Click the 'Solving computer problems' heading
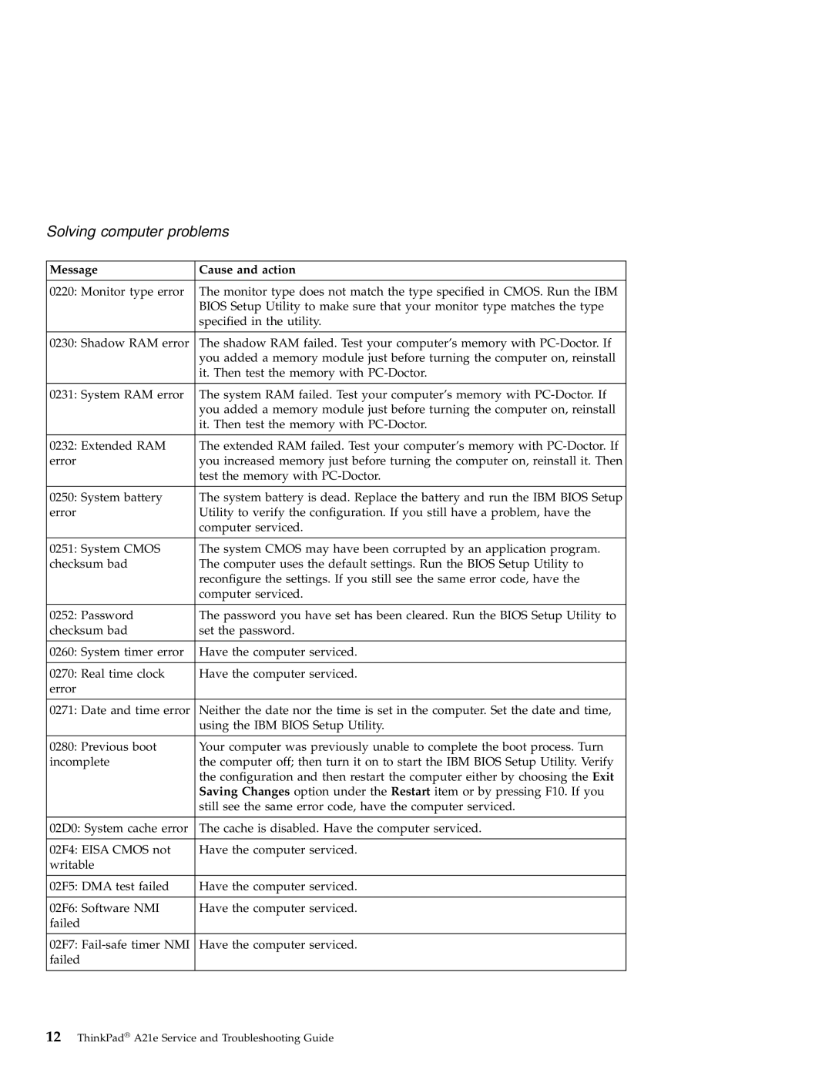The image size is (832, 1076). [x=138, y=231]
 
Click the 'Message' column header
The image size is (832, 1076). [x=74, y=270]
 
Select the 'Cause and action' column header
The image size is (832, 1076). [x=247, y=270]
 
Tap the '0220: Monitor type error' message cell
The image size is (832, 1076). [x=117, y=291]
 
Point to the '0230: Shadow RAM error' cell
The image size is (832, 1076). [x=119, y=343]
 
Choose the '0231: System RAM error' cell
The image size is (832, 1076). [x=117, y=394]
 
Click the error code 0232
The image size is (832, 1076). [x=62, y=445]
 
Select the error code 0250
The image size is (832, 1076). [x=62, y=498]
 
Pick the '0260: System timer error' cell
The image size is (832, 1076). [x=117, y=652]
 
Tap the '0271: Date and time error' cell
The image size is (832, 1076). [x=119, y=710]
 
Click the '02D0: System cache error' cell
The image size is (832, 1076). [x=119, y=828]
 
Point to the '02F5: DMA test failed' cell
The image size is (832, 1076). [x=109, y=886]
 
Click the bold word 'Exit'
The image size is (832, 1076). [x=603, y=776]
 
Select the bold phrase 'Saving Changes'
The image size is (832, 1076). [x=244, y=791]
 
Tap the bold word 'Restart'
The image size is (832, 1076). [x=410, y=791]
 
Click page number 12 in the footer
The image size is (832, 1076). [x=54, y=1037]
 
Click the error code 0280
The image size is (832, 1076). [x=62, y=746]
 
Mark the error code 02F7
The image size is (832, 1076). [x=63, y=944]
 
